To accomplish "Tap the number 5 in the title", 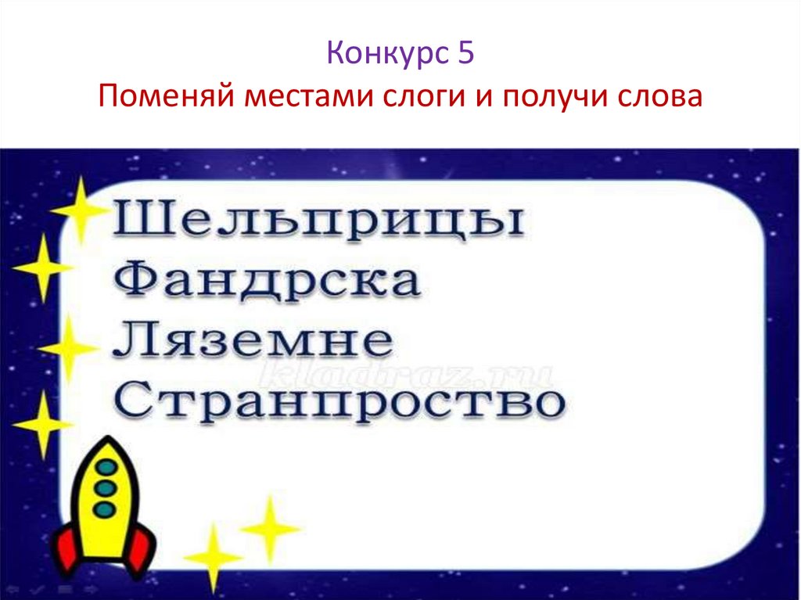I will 465,55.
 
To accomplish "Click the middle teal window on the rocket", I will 103,489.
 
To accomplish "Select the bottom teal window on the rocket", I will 103,508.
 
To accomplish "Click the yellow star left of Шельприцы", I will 80,210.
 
